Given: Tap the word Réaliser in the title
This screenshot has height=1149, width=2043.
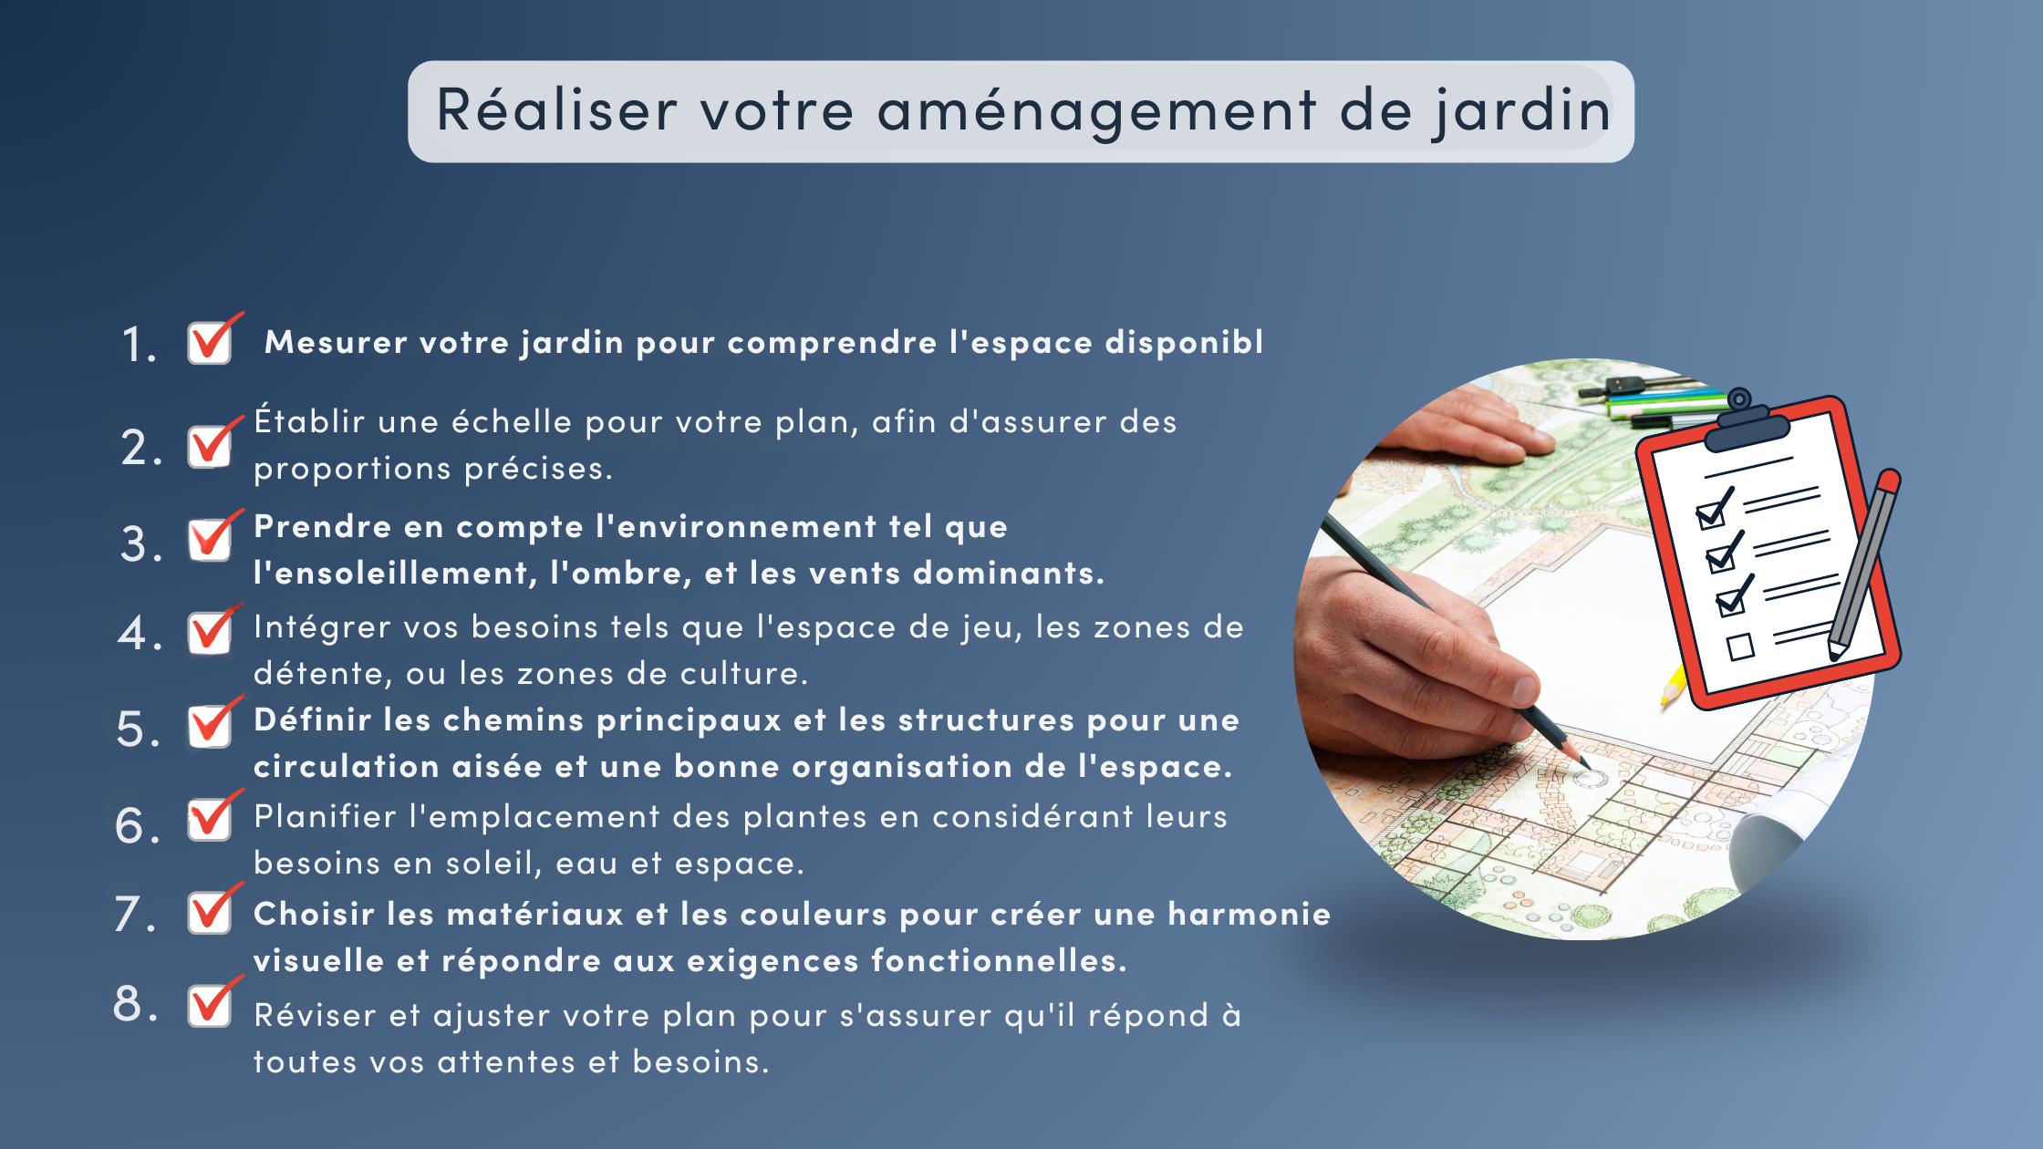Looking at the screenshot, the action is [556, 109].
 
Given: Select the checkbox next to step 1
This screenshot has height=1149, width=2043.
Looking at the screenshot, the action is [211, 342].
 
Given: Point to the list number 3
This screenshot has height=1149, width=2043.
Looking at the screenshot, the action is [140, 543].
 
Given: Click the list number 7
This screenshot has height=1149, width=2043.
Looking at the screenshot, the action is [135, 914].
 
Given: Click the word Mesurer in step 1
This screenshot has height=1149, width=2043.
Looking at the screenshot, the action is [336, 342].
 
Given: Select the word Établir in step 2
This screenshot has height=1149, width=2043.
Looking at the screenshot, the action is [309, 420].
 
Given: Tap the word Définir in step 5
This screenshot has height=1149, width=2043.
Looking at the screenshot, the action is [313, 719].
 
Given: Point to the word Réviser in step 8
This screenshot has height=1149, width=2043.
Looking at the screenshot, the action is [315, 1015].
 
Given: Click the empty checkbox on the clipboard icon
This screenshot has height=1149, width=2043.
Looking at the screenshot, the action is [1740, 647].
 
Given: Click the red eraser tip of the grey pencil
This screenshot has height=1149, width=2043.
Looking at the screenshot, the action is [1889, 481].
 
